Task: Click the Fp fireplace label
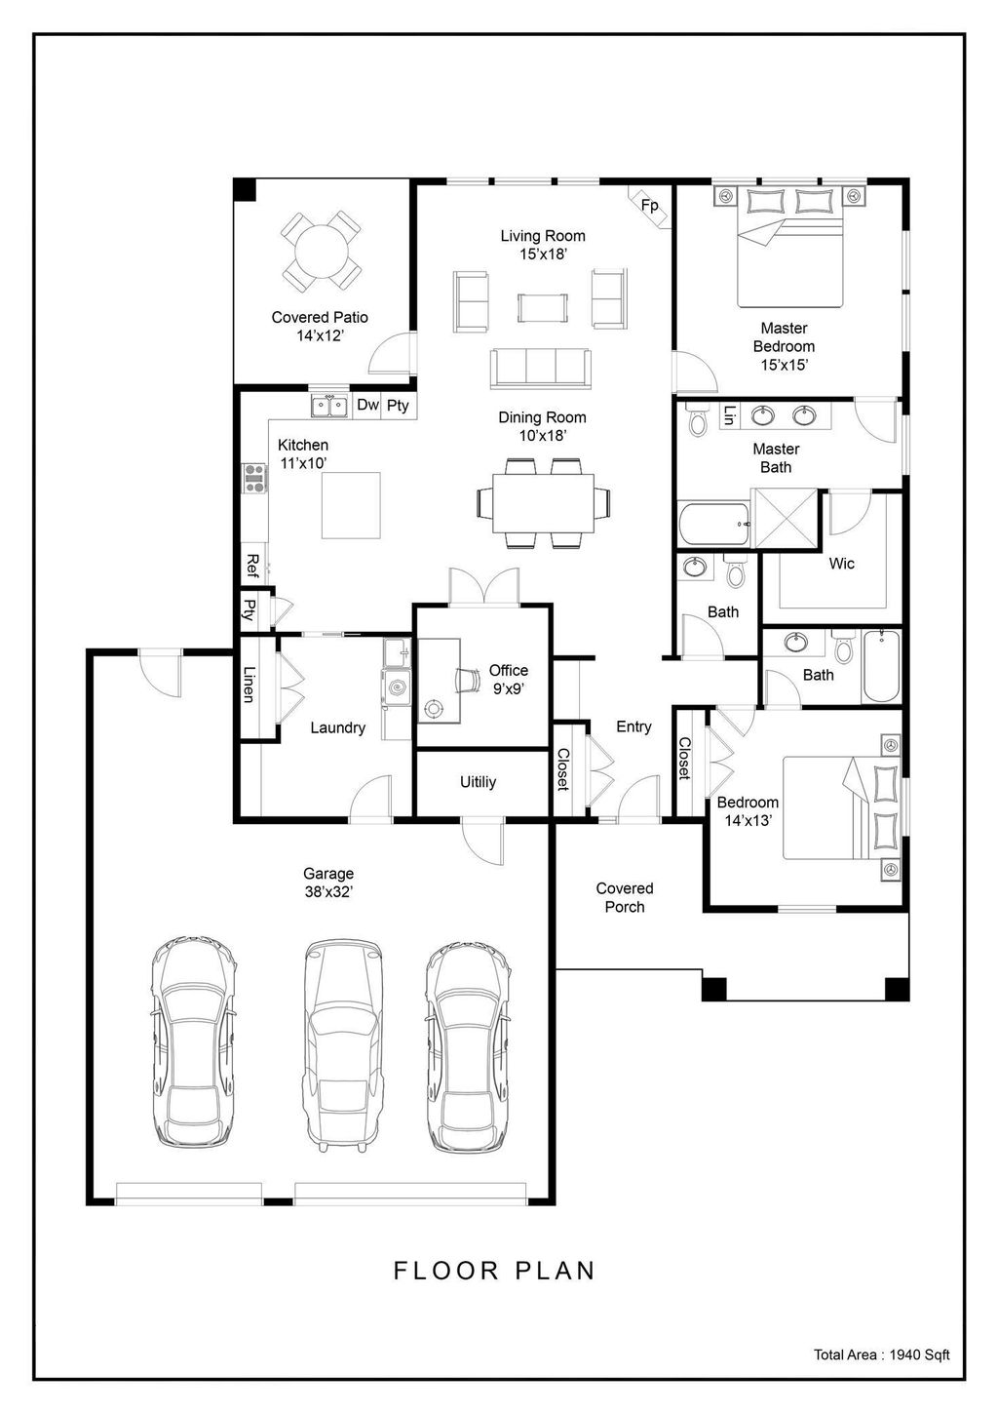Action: [649, 206]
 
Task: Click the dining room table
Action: [543, 503]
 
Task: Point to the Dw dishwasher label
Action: [367, 406]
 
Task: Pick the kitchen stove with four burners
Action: [254, 479]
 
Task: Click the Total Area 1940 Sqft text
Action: [881, 1354]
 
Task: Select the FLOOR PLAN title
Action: [494, 1271]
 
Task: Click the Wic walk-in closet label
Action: [841, 564]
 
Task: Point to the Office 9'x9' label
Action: [508, 679]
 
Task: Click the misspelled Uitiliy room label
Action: [479, 782]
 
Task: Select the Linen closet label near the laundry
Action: [249, 685]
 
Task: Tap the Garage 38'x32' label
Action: [327, 883]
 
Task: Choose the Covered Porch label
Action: [625, 897]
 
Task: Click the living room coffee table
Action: [541, 308]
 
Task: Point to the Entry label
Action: [633, 726]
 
